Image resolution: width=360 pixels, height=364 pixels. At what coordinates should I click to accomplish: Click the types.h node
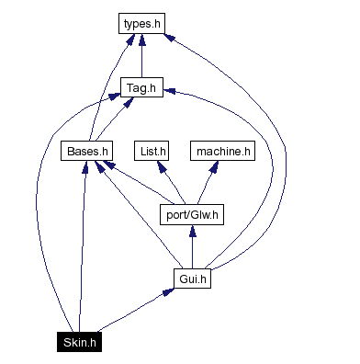pos(141,23)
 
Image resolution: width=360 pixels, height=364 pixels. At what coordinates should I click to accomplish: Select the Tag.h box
pos(141,88)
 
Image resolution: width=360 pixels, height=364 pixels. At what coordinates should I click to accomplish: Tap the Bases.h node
pos(88,150)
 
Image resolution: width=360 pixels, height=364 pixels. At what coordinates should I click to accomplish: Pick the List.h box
pos(152,150)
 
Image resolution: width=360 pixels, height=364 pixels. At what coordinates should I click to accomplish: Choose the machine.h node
pos(220,150)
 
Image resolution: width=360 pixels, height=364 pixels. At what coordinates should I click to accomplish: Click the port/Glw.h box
pos(191,216)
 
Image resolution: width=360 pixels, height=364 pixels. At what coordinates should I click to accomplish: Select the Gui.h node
pos(191,278)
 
